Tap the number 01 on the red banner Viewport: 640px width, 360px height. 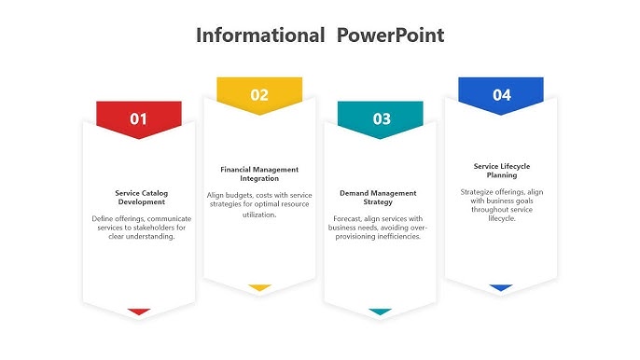pos(139,118)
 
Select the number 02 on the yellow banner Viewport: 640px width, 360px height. pos(259,94)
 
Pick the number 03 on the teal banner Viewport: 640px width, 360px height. pos(382,118)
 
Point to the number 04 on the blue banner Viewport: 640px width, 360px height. pos(502,94)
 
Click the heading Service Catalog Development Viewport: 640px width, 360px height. pos(140,197)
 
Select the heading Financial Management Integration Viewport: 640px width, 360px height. pos(259,173)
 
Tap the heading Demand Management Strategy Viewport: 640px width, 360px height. pos(378,197)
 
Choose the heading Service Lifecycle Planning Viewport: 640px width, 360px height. pos(501,171)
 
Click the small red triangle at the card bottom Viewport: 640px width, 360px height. pos(139,312)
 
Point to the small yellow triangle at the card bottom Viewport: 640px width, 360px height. pos(259,287)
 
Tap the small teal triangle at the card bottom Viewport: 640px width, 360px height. pos(380,312)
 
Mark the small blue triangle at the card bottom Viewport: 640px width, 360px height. pos(501,287)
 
